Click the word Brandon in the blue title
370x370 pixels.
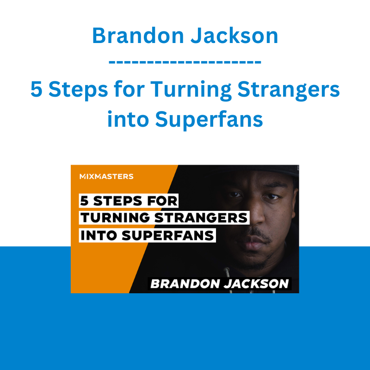point(138,36)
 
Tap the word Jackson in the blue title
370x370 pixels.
point(234,36)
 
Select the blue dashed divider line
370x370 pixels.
point(185,62)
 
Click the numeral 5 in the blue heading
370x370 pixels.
point(37,89)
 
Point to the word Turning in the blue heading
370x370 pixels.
point(191,91)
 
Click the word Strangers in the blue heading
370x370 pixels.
point(289,91)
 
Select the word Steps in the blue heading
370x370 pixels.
point(78,91)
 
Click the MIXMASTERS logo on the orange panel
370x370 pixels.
point(106,177)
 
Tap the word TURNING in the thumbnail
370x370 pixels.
point(115,217)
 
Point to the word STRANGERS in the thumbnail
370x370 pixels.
point(201,217)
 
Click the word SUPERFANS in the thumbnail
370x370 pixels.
point(168,235)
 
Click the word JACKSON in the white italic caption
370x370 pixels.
point(257,284)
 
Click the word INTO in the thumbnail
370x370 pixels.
point(99,235)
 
